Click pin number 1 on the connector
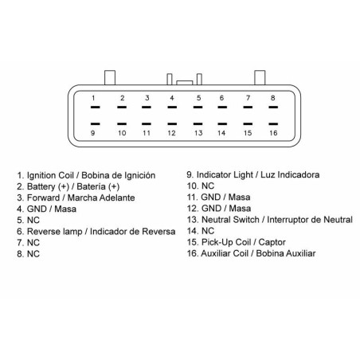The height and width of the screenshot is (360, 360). pos(93,98)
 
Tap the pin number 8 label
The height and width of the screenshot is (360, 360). pos(273,98)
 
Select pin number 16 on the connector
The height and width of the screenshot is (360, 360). pos(273,133)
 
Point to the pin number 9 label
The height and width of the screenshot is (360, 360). pos(92,133)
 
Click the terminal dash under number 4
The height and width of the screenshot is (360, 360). pos(172,108)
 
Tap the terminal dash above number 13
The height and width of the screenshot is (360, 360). pos(198,123)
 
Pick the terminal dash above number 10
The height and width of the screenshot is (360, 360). pos(122,123)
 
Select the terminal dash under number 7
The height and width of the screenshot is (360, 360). pos(248,108)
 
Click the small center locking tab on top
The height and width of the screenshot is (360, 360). pos(185,83)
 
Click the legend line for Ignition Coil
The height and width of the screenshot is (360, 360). pos(86,175)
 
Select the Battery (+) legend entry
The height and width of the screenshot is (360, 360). pos(68,186)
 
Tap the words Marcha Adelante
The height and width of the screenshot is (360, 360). pos(101,198)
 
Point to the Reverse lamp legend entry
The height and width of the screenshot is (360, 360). pos(96,232)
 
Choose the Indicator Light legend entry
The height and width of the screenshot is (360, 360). pos(253,175)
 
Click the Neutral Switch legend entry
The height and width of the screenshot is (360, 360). pos(270,220)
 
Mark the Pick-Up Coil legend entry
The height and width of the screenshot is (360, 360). pos(237,242)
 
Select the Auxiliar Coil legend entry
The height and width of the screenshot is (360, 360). pos(251,253)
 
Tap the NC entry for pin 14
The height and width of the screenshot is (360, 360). pos(201,231)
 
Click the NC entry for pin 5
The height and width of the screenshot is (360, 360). pos(28,221)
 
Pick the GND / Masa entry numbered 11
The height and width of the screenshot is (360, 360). pos(218,198)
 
